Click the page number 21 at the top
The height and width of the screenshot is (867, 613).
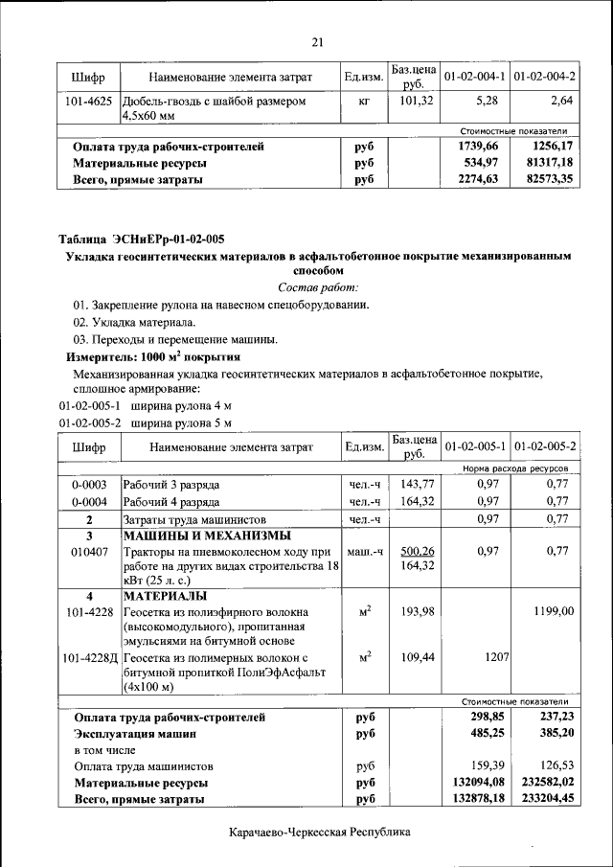[317, 40]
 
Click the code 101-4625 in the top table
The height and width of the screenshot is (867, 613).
[88, 100]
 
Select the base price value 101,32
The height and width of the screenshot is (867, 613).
[417, 100]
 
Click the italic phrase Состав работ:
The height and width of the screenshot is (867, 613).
[318, 287]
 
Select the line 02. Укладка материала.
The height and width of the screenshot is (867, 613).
[134, 322]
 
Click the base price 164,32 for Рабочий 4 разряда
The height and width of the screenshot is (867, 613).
[417, 501]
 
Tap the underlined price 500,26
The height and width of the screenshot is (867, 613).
[417, 552]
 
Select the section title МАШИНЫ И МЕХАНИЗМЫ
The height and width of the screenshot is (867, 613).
[206, 536]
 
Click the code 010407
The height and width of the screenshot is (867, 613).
[88, 552]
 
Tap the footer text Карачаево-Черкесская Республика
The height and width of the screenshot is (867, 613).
[319, 833]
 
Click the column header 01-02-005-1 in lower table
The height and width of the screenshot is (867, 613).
[475, 446]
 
